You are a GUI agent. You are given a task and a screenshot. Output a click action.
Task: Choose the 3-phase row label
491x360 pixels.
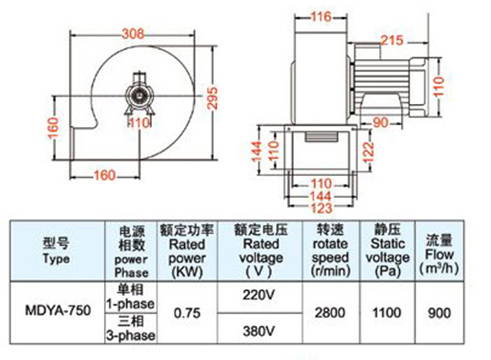tap(131, 328)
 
